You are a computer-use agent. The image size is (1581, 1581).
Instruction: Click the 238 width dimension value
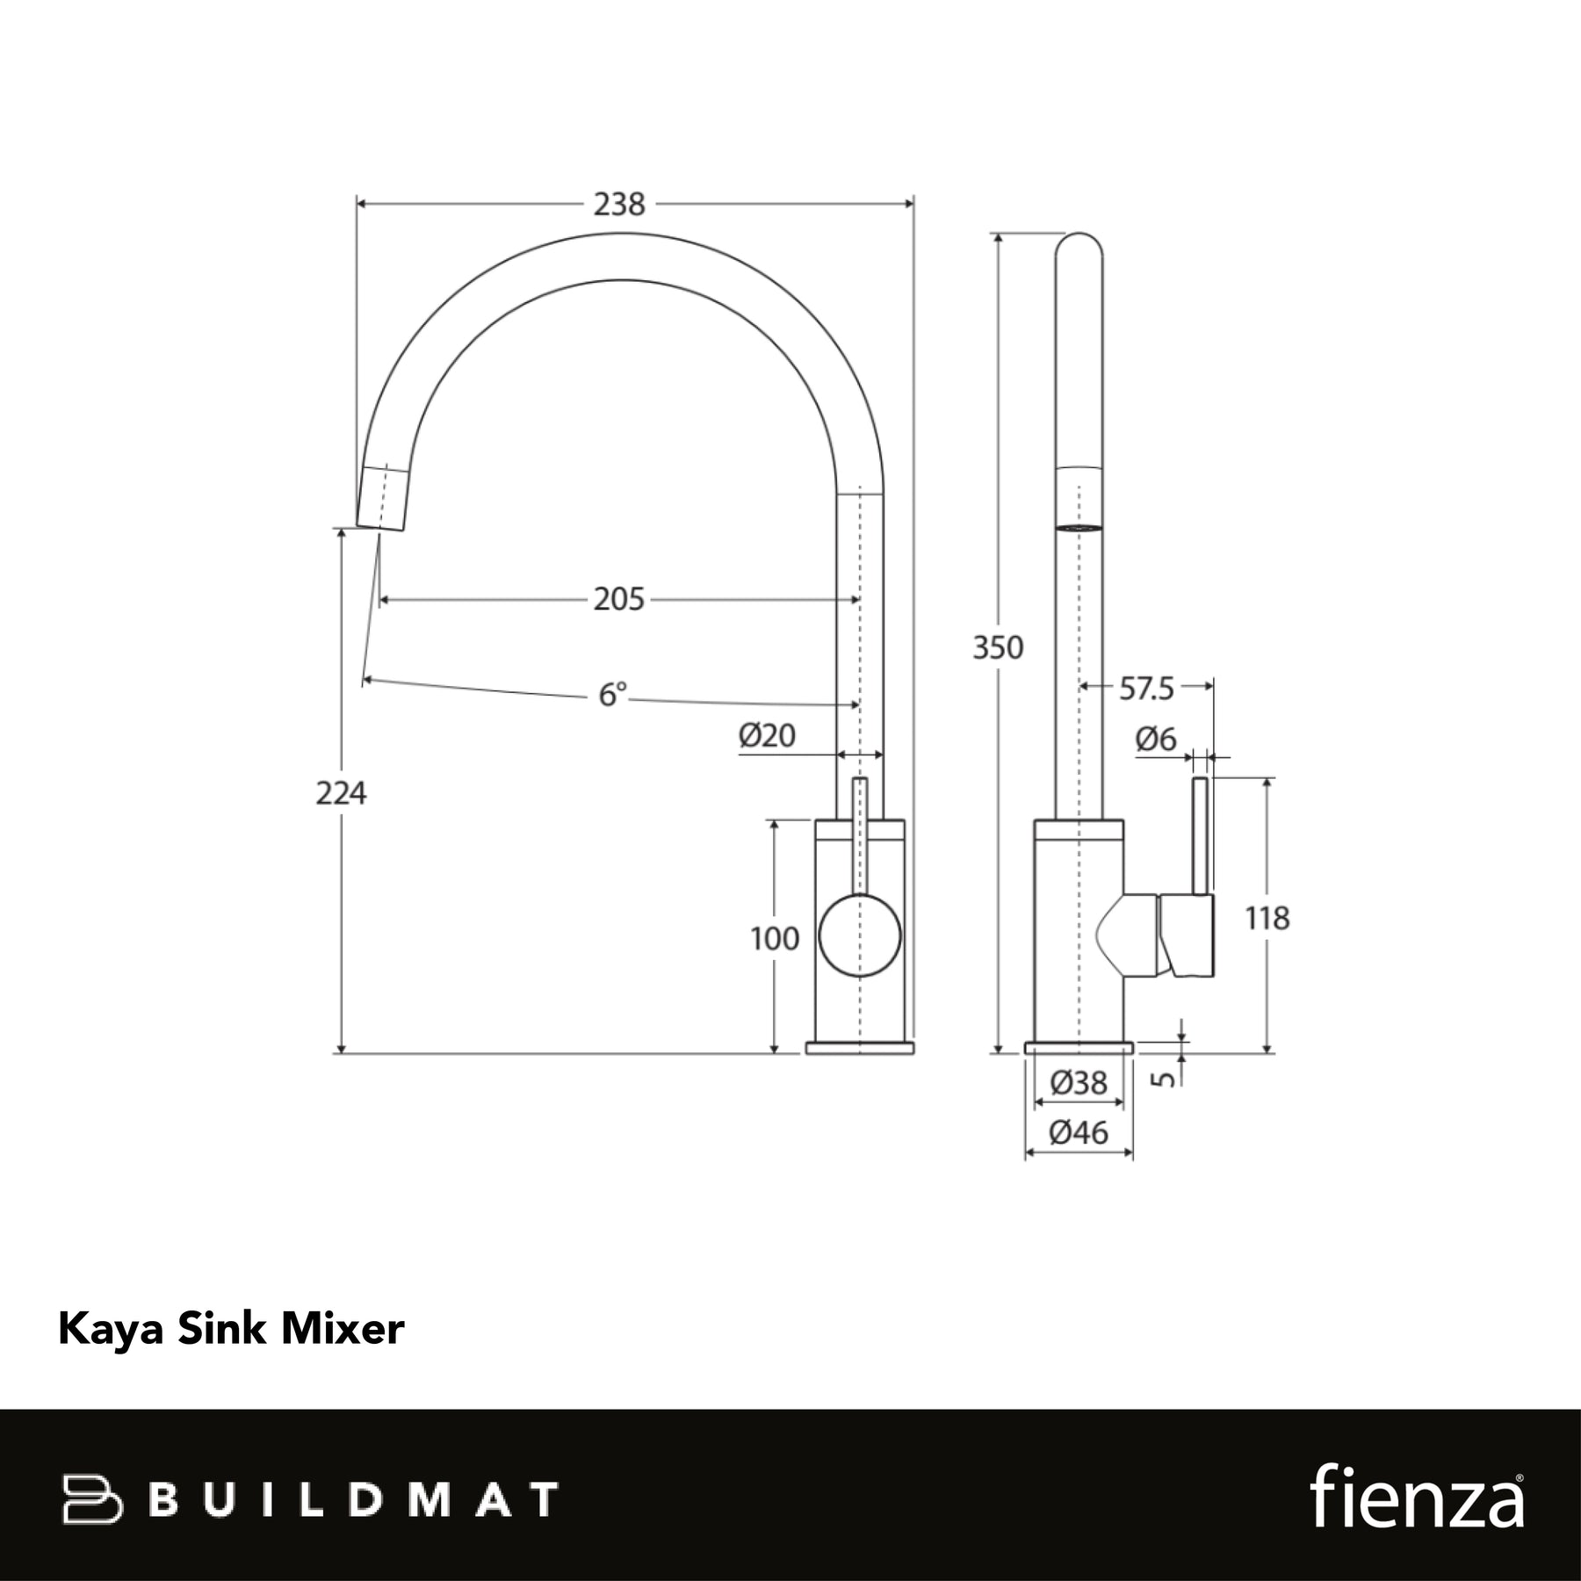619,205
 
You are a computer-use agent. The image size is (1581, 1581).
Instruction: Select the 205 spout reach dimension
619,600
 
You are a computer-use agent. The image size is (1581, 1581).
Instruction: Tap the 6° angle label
613,695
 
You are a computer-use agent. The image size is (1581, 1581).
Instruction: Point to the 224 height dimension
341,793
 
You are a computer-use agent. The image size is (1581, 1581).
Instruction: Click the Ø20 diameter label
767,735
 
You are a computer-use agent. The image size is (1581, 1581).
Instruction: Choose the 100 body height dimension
775,939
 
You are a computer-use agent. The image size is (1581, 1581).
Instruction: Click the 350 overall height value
998,647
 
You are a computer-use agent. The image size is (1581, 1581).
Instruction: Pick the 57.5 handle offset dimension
1146,689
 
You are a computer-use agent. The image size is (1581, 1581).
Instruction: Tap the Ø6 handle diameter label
1156,740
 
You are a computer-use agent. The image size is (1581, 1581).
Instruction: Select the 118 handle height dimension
1267,919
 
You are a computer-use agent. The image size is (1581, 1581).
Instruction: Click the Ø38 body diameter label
1079,1083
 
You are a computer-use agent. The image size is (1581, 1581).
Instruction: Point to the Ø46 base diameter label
1079,1133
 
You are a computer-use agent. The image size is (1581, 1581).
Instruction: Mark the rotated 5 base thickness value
1163,1077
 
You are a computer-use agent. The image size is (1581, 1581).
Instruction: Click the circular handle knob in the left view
860,935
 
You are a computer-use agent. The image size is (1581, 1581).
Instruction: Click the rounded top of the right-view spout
1079,245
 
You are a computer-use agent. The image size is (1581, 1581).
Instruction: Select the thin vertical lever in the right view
1200,836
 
